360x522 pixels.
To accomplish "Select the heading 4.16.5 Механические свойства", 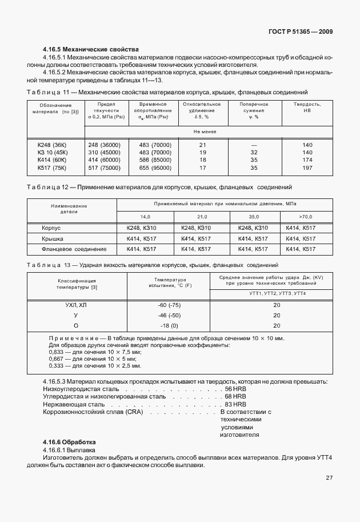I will pyautogui.click(x=91, y=50).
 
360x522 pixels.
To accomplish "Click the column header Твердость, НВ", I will pyautogui.click(x=307, y=108).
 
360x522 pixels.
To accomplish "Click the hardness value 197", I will pyautogui.click(x=307, y=168).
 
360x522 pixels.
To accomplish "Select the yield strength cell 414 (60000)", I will pyautogui.click(x=105, y=161).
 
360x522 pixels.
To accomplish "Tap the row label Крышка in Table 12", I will pyautogui.click(x=52, y=238).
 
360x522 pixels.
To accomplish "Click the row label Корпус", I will pyautogui.click(x=51, y=228).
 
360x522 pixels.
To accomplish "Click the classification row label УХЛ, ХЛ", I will pyautogui.click(x=76, y=305).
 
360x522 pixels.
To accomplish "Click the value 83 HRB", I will pyautogui.click(x=235, y=405).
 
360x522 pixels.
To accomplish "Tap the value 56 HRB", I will pyautogui.click(x=235, y=388).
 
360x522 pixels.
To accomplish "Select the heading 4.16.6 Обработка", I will pyautogui.click(x=69, y=443).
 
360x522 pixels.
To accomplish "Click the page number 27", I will pyautogui.click(x=329, y=477).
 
